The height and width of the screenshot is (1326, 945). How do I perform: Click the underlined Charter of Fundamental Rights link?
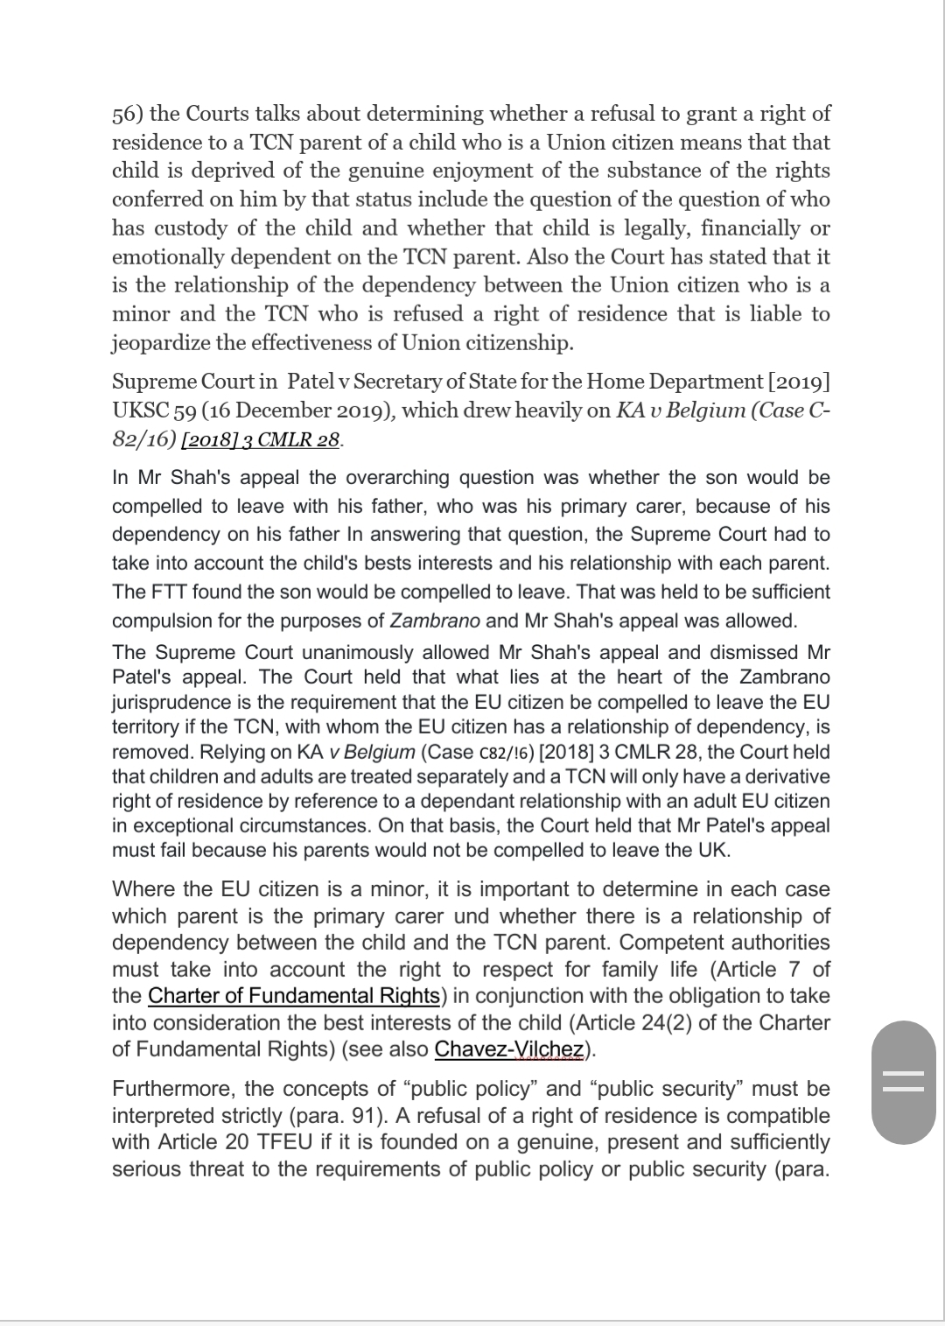294,996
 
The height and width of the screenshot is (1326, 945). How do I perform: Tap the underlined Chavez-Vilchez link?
508,1049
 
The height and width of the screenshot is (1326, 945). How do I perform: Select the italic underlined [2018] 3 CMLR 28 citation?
260,439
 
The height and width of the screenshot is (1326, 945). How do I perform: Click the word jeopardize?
161,342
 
